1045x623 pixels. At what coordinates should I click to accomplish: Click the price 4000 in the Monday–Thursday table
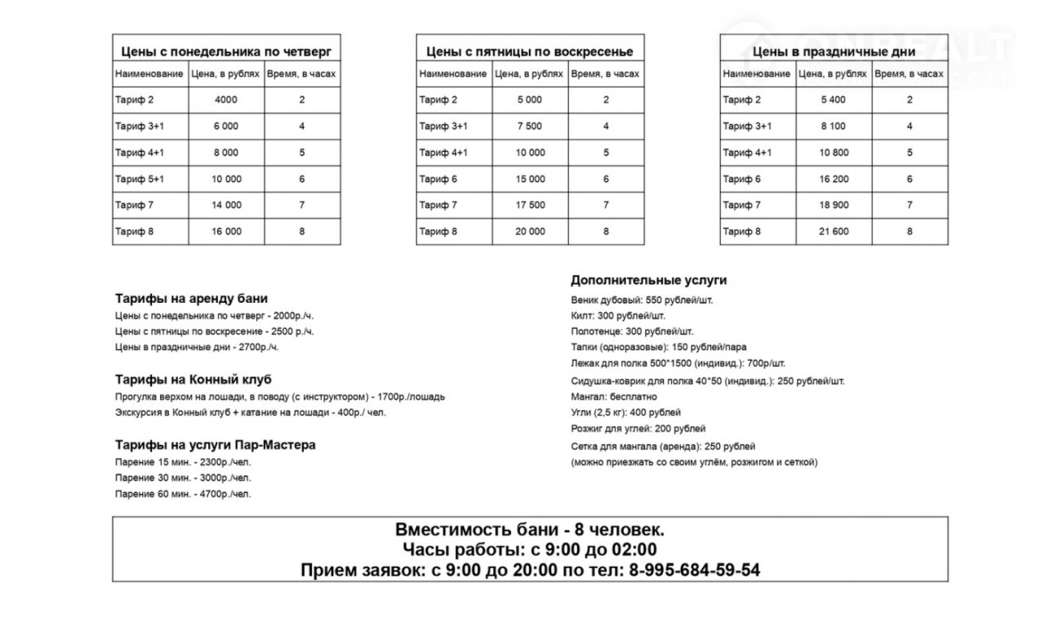[226, 100]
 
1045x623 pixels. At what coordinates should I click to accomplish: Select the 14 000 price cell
[226, 206]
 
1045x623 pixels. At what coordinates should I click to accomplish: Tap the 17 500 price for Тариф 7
[531, 206]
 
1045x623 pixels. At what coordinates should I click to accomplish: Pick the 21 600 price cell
[834, 232]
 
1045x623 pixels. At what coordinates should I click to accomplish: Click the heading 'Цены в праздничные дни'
[834, 52]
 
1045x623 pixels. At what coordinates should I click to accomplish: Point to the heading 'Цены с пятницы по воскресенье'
[530, 52]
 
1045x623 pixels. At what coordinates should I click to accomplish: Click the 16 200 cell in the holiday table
[834, 180]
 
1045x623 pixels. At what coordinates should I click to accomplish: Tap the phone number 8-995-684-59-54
[695, 570]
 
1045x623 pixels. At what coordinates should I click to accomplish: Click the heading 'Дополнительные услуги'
[648, 281]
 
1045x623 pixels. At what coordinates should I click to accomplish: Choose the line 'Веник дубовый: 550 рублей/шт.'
[642, 300]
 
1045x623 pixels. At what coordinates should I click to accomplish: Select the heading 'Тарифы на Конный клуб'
[193, 380]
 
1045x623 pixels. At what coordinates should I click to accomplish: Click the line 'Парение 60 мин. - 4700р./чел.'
[184, 495]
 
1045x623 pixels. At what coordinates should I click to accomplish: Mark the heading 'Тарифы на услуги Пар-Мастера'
[216, 446]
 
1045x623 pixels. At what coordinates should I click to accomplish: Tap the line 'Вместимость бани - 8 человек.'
[530, 529]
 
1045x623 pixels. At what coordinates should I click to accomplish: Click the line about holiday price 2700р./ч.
[197, 348]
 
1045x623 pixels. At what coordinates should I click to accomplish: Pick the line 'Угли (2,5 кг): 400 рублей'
[626, 412]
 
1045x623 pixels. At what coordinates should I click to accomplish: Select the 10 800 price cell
[834, 153]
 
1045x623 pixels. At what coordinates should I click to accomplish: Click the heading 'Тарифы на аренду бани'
[191, 299]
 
